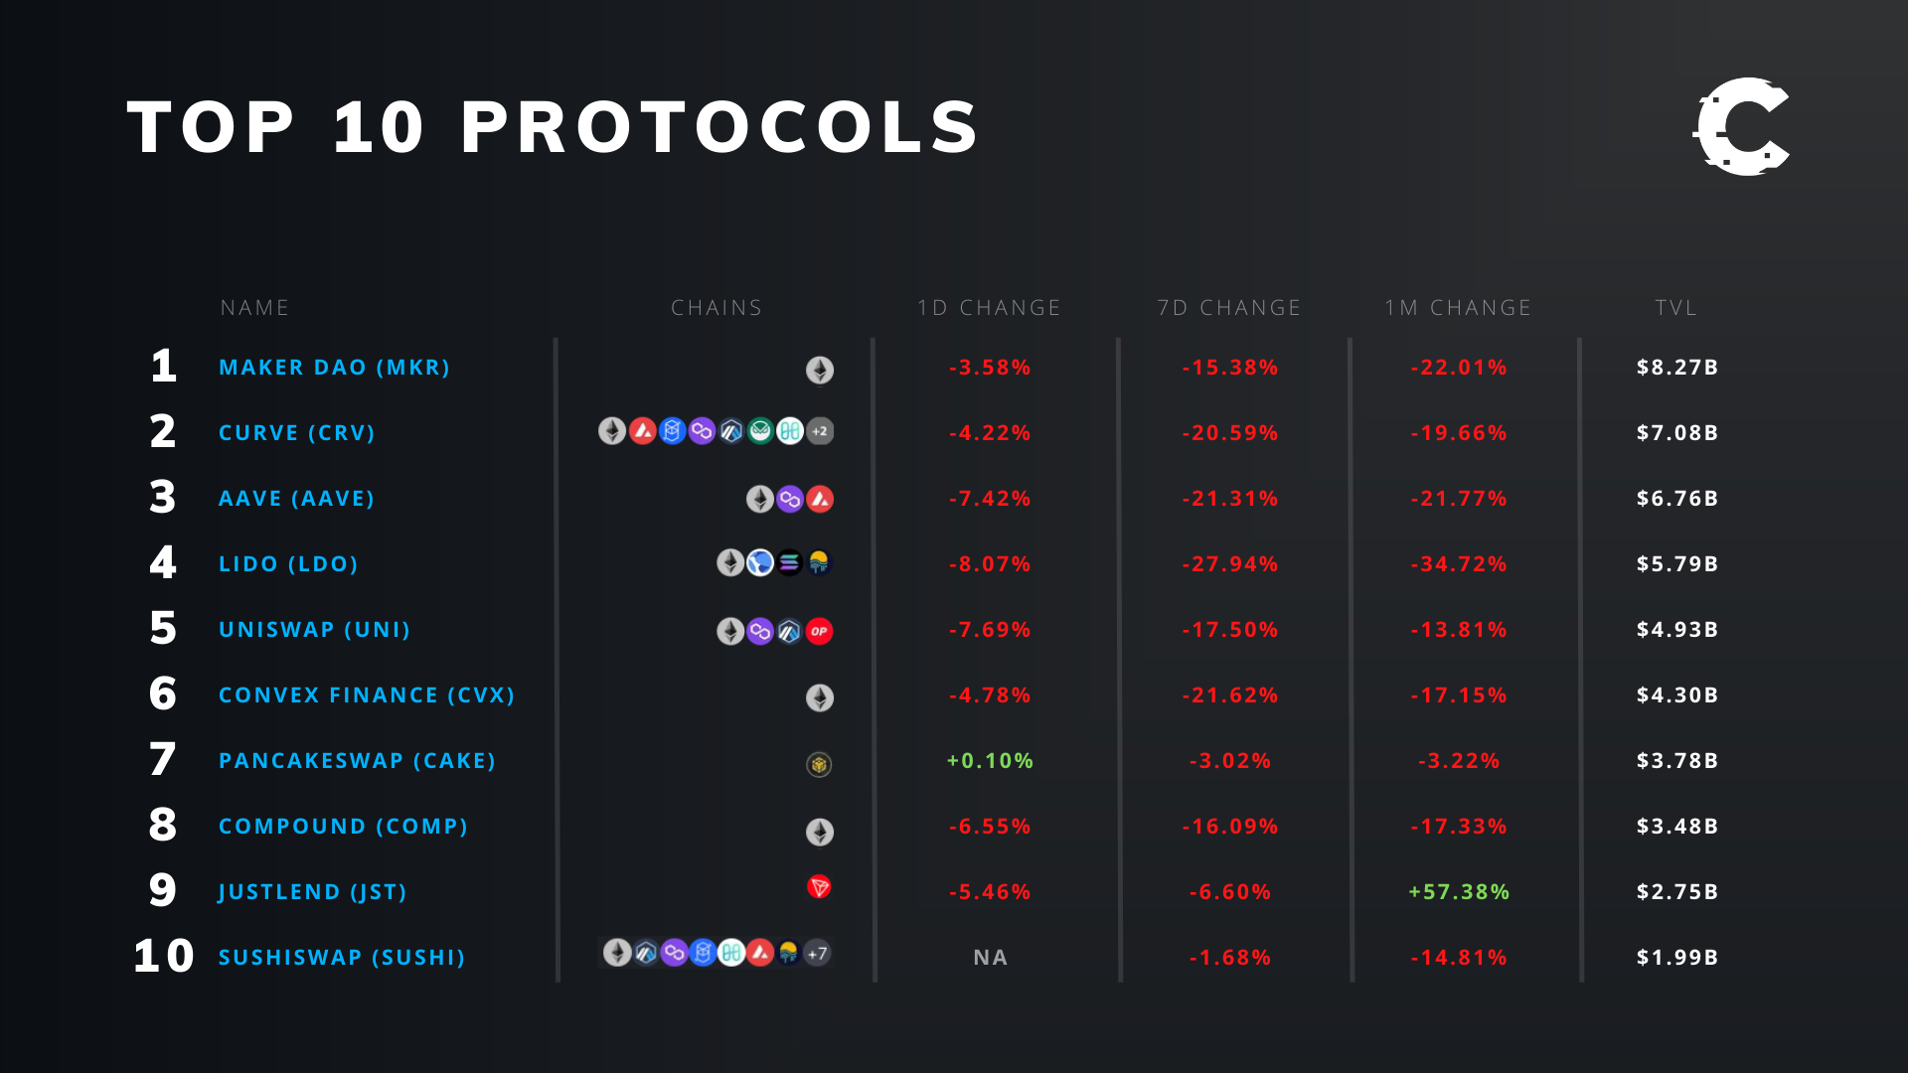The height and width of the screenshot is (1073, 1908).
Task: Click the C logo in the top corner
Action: coord(1741,127)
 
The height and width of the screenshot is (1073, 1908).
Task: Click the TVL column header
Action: coord(1676,308)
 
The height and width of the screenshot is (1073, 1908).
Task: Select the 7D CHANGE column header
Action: coord(1229,308)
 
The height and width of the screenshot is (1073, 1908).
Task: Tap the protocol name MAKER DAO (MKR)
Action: coord(334,368)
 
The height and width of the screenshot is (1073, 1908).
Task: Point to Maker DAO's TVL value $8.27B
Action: coord(1677,368)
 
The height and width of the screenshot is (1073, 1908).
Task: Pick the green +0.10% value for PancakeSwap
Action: coord(990,761)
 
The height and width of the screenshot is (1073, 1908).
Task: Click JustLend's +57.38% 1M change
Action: coord(1459,892)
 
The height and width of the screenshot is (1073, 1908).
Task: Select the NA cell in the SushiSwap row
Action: coord(990,958)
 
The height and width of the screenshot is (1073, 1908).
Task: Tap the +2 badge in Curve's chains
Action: coord(820,431)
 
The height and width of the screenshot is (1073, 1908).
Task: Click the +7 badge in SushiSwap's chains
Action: coord(817,954)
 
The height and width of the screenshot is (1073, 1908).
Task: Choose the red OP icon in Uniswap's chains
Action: coord(819,631)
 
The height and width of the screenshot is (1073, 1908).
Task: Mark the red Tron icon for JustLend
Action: coord(819,886)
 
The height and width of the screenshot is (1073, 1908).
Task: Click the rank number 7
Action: coord(163,760)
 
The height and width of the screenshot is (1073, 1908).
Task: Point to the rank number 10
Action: coord(164,957)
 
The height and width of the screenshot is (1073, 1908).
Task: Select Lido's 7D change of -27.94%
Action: coord(1229,564)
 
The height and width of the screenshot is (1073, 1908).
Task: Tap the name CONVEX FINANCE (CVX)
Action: coord(367,695)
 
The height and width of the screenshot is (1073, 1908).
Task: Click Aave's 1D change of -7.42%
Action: coord(990,499)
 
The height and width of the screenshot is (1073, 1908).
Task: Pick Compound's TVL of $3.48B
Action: coord(1677,827)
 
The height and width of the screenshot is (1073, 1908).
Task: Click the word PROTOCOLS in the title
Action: coord(719,128)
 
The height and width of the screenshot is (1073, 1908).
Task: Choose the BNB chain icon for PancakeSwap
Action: coord(819,764)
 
